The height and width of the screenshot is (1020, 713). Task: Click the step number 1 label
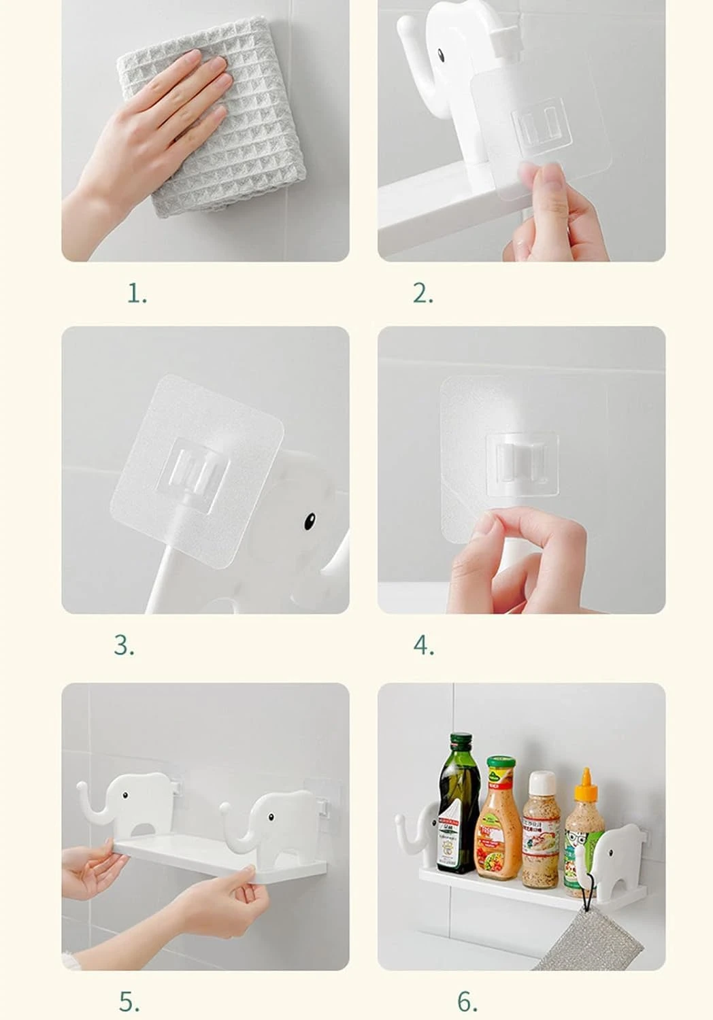(x=137, y=294)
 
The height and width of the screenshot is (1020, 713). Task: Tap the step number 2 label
(x=422, y=294)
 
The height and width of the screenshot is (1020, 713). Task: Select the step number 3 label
(x=124, y=645)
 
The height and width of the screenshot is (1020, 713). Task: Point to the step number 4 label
(x=423, y=645)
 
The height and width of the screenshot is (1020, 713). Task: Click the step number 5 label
(x=129, y=1001)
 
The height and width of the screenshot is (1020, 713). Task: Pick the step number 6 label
(x=467, y=1001)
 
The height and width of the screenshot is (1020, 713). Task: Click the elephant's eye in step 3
(x=309, y=522)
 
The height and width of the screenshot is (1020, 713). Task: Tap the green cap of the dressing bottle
(x=500, y=762)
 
